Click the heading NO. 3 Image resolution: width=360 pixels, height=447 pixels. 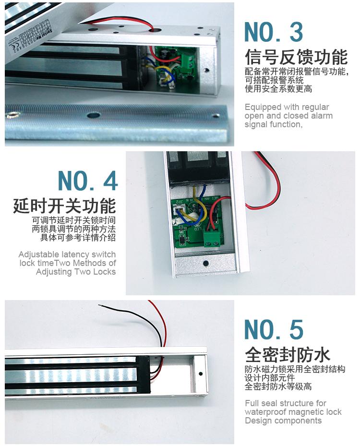(x=273, y=32)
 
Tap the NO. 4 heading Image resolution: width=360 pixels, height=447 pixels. (x=88, y=181)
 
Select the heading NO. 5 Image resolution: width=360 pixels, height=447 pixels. (x=274, y=329)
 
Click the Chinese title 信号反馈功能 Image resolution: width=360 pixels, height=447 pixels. (x=296, y=57)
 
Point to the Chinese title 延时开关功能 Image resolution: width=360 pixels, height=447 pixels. (x=64, y=206)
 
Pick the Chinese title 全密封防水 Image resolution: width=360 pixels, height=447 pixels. (x=288, y=354)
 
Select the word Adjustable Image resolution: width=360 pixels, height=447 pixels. (x=39, y=254)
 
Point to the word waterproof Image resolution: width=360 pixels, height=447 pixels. (x=267, y=412)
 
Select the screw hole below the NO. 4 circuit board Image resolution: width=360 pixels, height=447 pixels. (x=205, y=264)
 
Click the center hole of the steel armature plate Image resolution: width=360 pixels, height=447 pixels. (x=94, y=115)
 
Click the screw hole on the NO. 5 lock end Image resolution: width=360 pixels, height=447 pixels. (x=200, y=374)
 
